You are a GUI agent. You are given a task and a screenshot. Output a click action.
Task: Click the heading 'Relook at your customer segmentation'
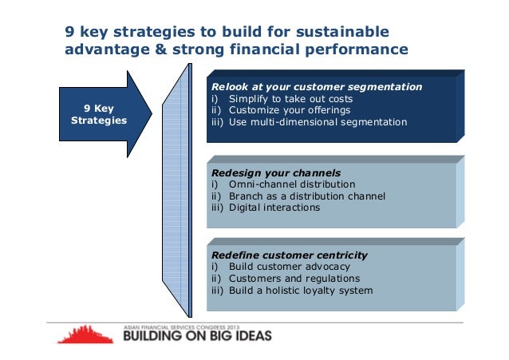[x=316, y=86]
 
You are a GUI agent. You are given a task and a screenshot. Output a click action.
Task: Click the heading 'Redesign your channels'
[x=276, y=172]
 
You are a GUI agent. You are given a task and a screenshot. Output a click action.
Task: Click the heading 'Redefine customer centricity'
[x=290, y=255]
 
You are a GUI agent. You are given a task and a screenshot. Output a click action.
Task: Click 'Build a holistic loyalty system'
[x=300, y=291]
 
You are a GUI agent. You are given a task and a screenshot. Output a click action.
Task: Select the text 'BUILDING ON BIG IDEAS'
[x=197, y=335]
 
